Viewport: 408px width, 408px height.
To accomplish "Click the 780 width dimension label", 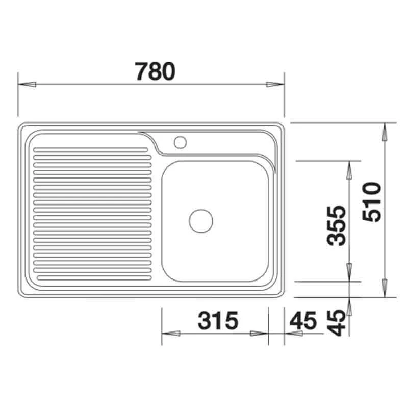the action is [155, 71].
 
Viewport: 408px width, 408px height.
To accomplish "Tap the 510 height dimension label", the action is [372, 202].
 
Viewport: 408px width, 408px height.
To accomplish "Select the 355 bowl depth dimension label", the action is [336, 225].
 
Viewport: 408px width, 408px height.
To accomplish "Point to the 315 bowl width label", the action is [218, 320].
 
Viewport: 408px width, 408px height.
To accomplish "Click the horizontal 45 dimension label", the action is [303, 320].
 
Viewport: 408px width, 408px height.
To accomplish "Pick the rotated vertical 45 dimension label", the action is [336, 322].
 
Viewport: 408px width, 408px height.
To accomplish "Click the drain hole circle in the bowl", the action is [201, 221].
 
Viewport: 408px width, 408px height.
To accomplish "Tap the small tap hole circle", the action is [181, 142].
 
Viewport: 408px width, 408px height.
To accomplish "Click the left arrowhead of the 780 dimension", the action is [27, 84].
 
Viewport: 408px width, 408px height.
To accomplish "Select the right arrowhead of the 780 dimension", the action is [275, 84].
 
